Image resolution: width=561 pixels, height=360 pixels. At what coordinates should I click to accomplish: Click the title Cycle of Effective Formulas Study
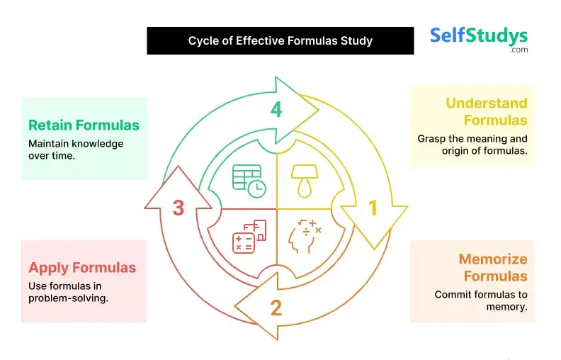click(280, 40)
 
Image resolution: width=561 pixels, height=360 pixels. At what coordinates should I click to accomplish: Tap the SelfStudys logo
click(479, 38)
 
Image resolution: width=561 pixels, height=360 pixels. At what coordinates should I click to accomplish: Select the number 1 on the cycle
click(373, 208)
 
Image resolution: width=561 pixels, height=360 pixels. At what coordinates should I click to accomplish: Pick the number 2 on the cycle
click(276, 308)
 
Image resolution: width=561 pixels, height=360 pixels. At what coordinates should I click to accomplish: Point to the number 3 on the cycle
click(178, 208)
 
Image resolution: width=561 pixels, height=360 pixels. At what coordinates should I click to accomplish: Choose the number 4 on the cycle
click(276, 109)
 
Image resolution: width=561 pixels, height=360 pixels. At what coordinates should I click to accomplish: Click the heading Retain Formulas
click(84, 125)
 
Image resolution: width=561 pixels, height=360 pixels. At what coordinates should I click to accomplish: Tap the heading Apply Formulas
click(82, 268)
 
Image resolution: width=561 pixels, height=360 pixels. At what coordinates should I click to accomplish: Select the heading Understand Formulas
click(487, 111)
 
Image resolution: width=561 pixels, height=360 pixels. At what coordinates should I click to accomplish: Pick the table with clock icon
click(249, 179)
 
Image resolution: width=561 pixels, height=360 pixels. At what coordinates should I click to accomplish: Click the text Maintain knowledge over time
click(76, 150)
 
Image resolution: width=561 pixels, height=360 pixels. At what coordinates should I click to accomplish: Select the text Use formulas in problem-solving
click(68, 292)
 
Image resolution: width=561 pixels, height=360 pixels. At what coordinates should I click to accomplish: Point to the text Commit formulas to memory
click(481, 300)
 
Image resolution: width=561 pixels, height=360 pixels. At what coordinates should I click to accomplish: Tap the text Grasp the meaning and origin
click(472, 145)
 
